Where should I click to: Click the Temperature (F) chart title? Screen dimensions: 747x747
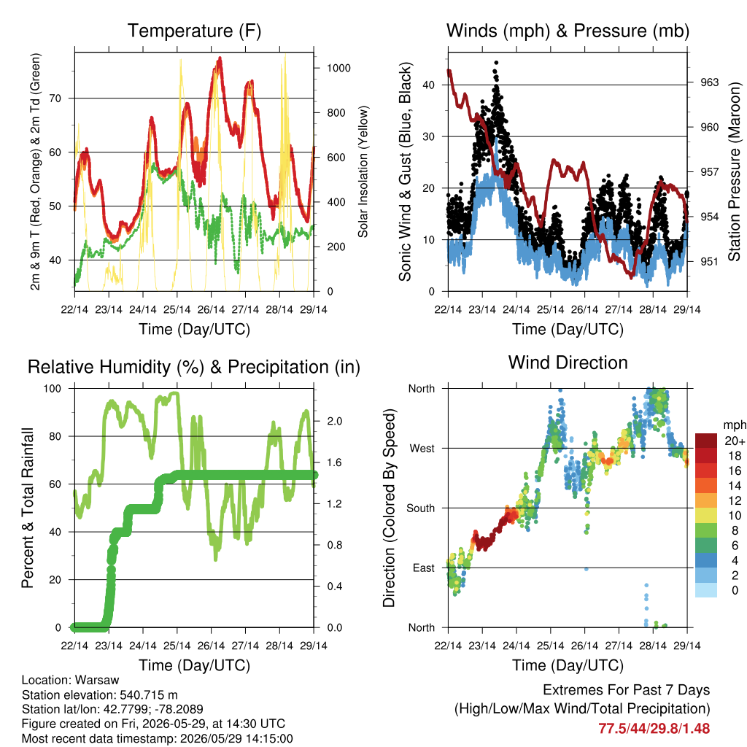point(194,31)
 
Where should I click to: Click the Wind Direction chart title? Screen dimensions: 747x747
point(568,363)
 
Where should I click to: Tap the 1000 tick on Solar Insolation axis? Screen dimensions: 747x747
point(338,68)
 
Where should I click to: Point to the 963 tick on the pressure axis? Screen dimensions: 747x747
point(709,82)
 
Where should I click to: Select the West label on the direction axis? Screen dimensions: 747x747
point(422,449)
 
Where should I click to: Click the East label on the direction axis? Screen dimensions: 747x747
point(424,568)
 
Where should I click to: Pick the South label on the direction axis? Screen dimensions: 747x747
point(421,508)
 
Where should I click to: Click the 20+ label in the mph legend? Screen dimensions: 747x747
point(735,441)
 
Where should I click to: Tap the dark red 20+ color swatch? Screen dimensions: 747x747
point(706,441)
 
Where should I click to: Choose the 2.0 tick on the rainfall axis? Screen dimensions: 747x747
point(335,421)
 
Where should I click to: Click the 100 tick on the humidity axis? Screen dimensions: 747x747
point(53,389)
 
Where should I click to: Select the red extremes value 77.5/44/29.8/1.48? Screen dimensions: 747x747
point(654,729)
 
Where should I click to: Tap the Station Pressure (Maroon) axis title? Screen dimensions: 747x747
point(734,171)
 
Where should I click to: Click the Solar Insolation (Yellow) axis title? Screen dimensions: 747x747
point(363,171)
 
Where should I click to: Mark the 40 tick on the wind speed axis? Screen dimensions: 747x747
point(429,85)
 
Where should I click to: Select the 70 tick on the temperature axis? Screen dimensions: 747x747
point(55,98)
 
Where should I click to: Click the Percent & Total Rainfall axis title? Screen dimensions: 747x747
point(28,508)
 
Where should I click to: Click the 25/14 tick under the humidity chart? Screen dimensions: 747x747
point(177,646)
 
